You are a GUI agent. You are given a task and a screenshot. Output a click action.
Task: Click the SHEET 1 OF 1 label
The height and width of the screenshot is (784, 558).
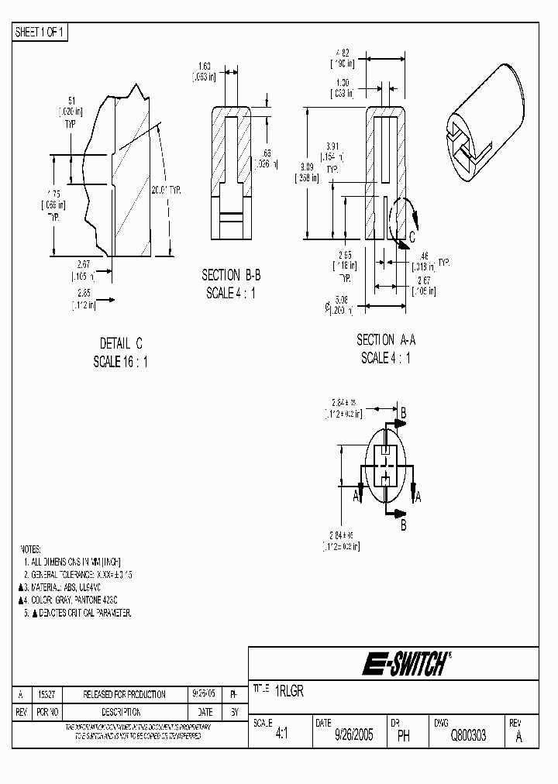coord(40,32)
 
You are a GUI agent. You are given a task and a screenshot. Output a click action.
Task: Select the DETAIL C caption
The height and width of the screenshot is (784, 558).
coord(121,343)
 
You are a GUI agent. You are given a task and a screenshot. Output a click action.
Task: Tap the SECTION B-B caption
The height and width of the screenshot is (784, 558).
coord(230,275)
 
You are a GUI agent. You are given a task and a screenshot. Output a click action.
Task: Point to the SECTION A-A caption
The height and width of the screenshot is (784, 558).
coord(385,340)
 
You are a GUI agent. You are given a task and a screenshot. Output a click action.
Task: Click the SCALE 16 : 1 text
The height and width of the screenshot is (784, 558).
coord(121,362)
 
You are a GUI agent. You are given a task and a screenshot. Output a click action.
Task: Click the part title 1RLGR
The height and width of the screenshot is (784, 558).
coord(288,691)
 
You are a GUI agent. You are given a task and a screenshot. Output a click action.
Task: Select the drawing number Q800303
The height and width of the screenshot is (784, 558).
coord(468,736)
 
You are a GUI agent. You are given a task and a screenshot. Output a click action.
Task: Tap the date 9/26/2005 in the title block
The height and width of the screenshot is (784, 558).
coord(353,736)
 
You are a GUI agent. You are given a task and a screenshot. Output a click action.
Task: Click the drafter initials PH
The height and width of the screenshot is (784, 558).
coord(403,736)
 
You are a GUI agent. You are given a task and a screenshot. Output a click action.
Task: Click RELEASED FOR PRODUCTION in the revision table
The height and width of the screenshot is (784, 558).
coord(124,695)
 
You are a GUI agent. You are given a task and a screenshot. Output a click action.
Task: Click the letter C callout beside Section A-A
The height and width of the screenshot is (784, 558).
coord(412,237)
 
